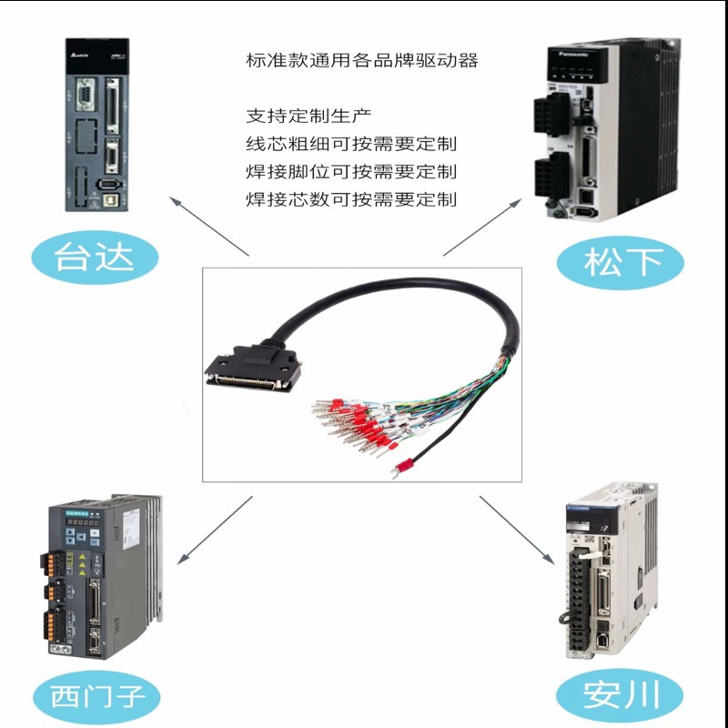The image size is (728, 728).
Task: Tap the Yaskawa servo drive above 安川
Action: (606, 570)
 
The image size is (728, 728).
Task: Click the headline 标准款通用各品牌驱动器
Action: (361, 61)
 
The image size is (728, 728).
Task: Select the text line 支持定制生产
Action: (309, 116)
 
